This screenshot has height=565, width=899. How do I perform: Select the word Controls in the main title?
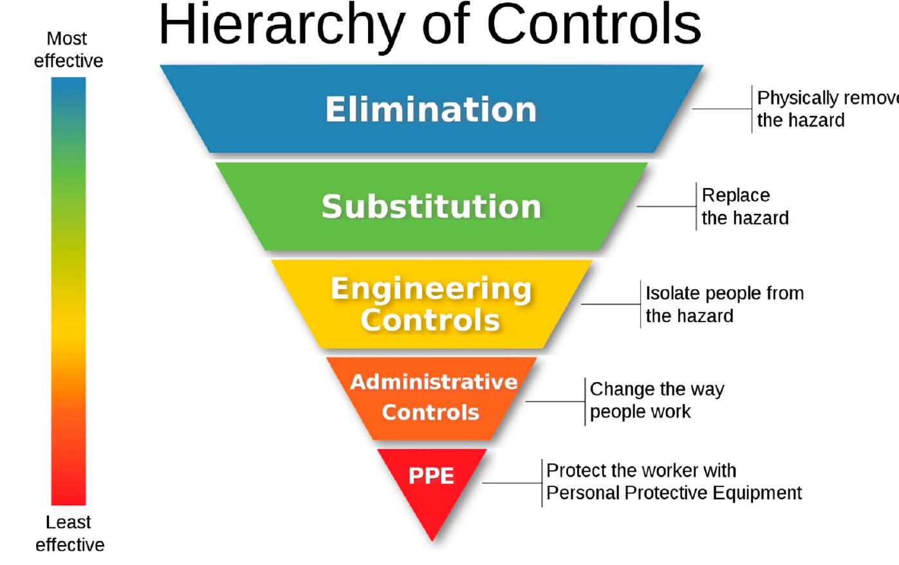(x=593, y=26)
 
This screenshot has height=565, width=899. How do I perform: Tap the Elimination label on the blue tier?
(x=431, y=110)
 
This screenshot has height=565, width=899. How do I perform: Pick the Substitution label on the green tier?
(x=431, y=207)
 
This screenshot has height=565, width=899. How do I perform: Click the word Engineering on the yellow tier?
(x=431, y=289)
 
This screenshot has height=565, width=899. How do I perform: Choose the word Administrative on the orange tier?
(x=434, y=382)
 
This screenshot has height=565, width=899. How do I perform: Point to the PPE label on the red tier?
(x=431, y=475)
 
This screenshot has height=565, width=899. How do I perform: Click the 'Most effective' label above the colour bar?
(x=68, y=50)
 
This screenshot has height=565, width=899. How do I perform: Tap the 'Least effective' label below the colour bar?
(x=70, y=533)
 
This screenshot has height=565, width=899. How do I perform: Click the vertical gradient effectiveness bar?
(x=68, y=290)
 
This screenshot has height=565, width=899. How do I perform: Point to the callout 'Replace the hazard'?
(x=745, y=206)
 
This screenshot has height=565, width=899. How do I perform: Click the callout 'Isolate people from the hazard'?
(x=724, y=304)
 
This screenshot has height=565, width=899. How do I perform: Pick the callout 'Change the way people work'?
(x=656, y=400)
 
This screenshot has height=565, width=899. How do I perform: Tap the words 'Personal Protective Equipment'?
(x=674, y=493)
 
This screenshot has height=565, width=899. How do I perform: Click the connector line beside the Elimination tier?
(x=721, y=109)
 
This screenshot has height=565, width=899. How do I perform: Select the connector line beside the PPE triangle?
(x=512, y=483)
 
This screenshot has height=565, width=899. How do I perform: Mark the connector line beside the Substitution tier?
(x=666, y=207)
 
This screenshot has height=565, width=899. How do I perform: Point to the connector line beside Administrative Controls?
(x=555, y=401)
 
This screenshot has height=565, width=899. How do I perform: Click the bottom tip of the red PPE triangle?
(x=432, y=537)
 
